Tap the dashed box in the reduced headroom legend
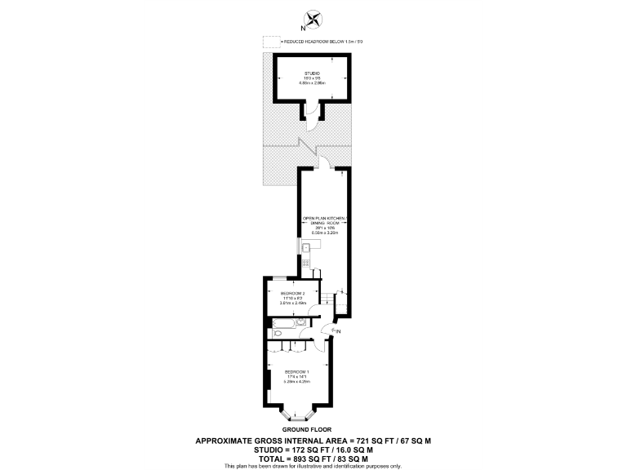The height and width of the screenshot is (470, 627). tap(269, 41)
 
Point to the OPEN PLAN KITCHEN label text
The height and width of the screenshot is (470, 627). tap(324, 219)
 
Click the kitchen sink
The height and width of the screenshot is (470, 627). tap(305, 248)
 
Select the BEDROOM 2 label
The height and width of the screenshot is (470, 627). tap(292, 294)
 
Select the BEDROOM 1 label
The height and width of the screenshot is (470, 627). tap(296, 372)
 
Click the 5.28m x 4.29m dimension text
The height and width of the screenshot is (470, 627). tap(296, 382)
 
